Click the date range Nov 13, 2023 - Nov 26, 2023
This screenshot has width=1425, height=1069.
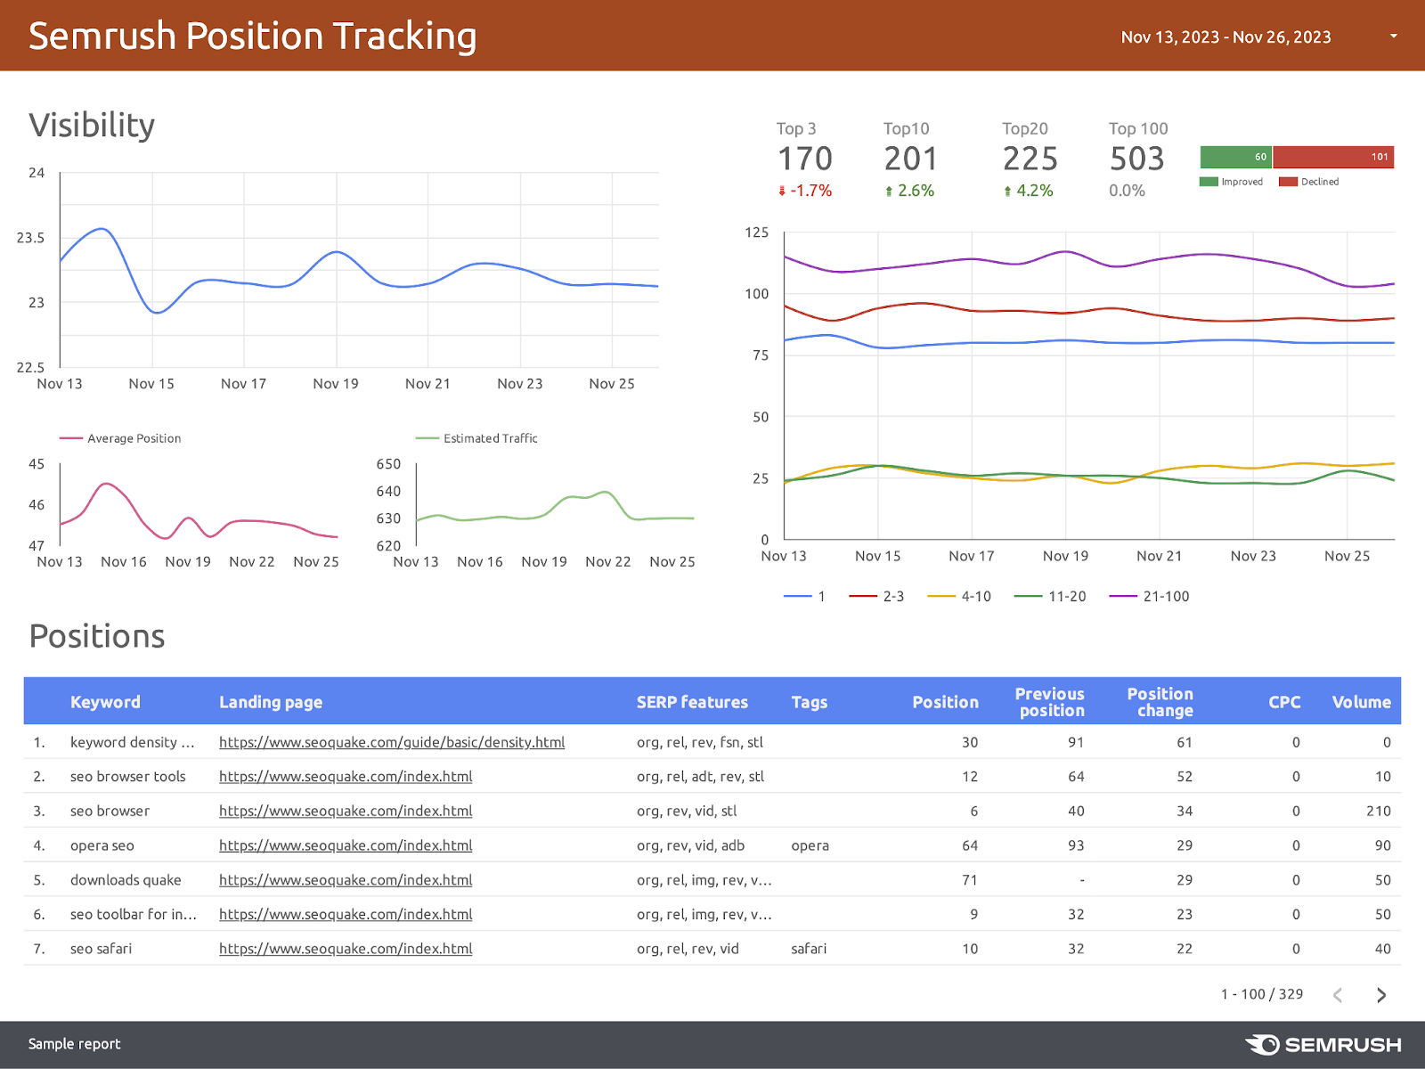tap(1225, 37)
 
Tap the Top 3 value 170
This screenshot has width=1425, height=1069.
tap(804, 159)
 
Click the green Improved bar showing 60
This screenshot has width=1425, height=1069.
tap(1235, 157)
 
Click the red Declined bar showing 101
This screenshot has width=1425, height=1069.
tap(1332, 157)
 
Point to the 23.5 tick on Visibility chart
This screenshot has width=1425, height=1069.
tap(30, 238)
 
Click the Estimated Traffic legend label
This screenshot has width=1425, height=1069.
tap(490, 438)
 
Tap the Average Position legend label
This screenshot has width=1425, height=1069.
tap(134, 438)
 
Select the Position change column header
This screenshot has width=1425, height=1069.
tap(1160, 702)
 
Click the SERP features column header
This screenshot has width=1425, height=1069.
tap(692, 702)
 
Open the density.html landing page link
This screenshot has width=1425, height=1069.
tap(392, 742)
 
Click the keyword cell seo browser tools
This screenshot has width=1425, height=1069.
tap(128, 777)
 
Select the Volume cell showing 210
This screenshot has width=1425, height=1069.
tap(1378, 812)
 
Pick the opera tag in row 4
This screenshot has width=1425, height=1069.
tap(810, 845)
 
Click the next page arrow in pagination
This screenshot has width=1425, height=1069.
tap(1380, 995)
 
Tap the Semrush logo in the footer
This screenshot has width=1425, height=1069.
tap(1323, 1045)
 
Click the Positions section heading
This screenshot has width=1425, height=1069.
tap(97, 637)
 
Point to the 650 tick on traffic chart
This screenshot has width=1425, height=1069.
tap(388, 464)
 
